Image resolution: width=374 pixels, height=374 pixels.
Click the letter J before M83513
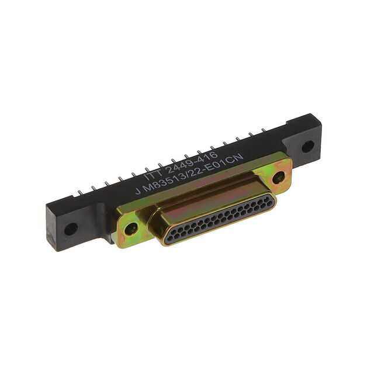(x=138, y=191)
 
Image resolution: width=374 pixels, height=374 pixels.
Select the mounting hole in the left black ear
(x=71, y=229)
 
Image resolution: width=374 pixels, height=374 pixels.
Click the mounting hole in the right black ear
(x=308, y=147)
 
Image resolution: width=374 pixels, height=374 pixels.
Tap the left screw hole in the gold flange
(x=131, y=228)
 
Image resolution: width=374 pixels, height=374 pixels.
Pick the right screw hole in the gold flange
(x=278, y=178)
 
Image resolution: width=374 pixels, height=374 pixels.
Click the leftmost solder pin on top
(x=81, y=192)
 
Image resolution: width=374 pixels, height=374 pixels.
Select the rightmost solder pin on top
(x=264, y=130)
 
